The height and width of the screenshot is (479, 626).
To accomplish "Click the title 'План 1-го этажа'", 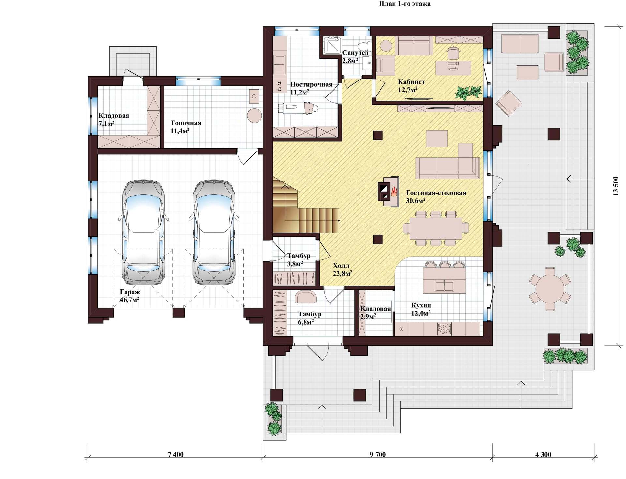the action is coord(405,4).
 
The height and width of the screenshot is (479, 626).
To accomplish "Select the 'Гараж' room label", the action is coord(130,292).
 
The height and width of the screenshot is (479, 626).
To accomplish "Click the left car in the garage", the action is coord(143,232).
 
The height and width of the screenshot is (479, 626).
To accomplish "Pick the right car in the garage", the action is coord(214,232).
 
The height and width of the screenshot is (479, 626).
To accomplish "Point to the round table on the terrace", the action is coord(550,288).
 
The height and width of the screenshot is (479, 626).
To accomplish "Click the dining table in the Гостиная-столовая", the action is coord(436,228).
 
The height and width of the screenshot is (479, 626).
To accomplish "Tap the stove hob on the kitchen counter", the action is coord(444,328).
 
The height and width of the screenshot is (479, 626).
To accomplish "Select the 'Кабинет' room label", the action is coord(411,82).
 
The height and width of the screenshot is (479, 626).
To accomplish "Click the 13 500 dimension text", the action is coord(616,186).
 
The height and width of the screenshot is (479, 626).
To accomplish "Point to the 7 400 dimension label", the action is coord(176,454).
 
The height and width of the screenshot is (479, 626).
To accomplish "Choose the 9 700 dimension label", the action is coord(378,454).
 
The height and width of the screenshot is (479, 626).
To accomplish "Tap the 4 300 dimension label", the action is coord(543,454).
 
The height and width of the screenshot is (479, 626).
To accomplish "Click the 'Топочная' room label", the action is coord(186,123).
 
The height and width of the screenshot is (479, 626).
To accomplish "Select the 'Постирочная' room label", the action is coord(311,84).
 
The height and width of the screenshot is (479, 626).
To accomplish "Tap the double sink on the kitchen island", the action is coord(444,286).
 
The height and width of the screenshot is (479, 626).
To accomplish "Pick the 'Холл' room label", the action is coord(341,266).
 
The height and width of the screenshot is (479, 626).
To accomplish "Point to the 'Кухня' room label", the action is coord(421,305).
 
